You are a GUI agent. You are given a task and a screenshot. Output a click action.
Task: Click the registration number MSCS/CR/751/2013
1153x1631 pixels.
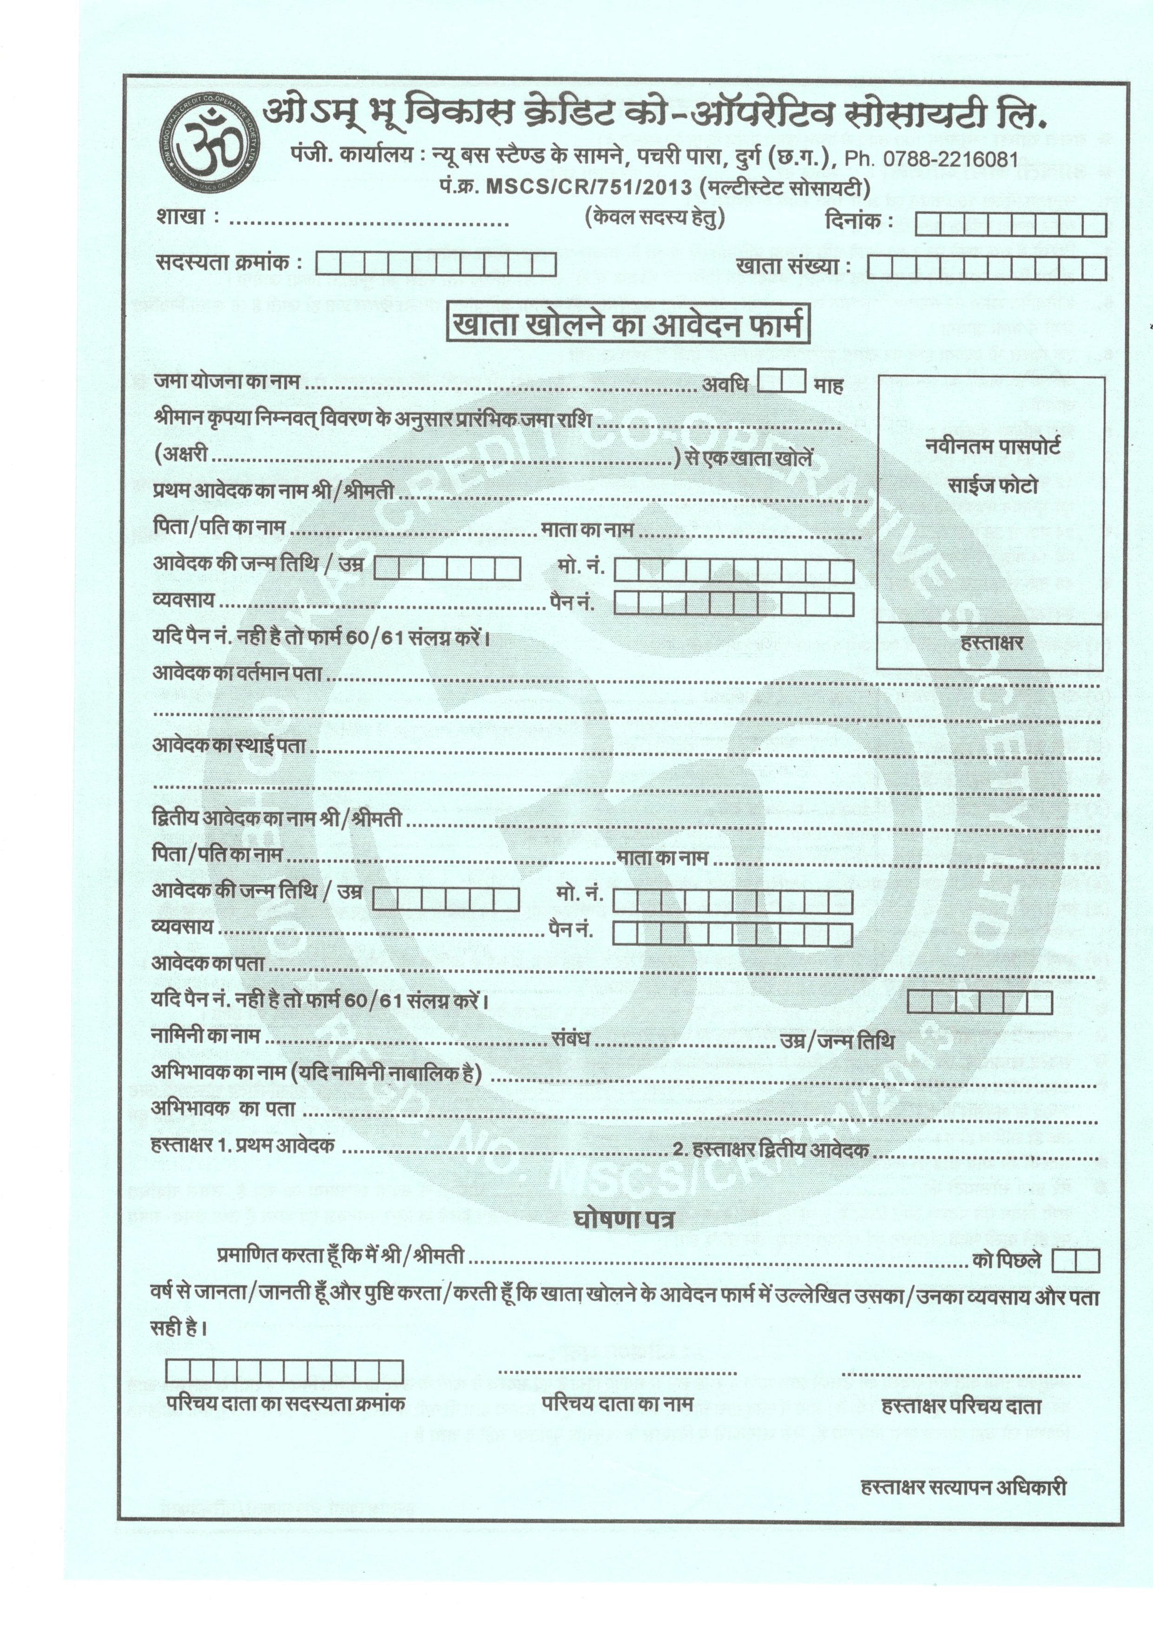(586, 187)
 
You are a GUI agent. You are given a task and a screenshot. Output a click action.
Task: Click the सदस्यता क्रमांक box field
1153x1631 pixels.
(435, 264)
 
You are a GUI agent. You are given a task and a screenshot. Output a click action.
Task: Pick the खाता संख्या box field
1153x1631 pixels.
(987, 268)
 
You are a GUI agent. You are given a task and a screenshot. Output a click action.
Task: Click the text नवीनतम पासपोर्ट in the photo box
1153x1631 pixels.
(993, 447)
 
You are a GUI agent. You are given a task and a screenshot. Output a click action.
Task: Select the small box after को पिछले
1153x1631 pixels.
(1075, 1261)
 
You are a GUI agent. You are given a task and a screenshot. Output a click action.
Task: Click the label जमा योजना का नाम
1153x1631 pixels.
(226, 382)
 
